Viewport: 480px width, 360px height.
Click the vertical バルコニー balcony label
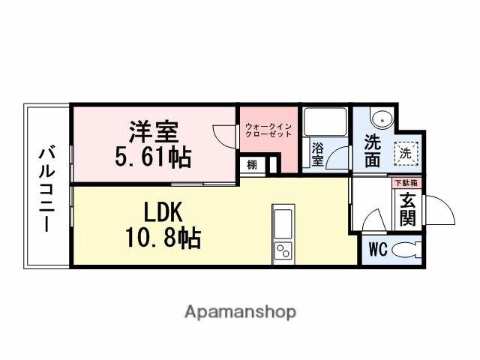pyautogui.click(x=47, y=187)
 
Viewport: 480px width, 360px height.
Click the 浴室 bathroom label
pyautogui.click(x=318, y=154)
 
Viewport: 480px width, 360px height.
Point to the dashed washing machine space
pyautogui.click(x=405, y=152)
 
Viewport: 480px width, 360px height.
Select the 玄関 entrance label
pyautogui.click(x=407, y=208)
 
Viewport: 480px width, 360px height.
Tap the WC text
pyautogui.click(x=378, y=250)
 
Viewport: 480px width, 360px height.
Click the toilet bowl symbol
pyautogui.click(x=406, y=250)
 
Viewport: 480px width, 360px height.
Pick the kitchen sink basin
pyautogui.click(x=283, y=223)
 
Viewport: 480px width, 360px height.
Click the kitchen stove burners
pyautogui.click(x=283, y=250)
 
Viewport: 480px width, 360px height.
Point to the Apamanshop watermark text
pyautogui.click(x=240, y=311)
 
